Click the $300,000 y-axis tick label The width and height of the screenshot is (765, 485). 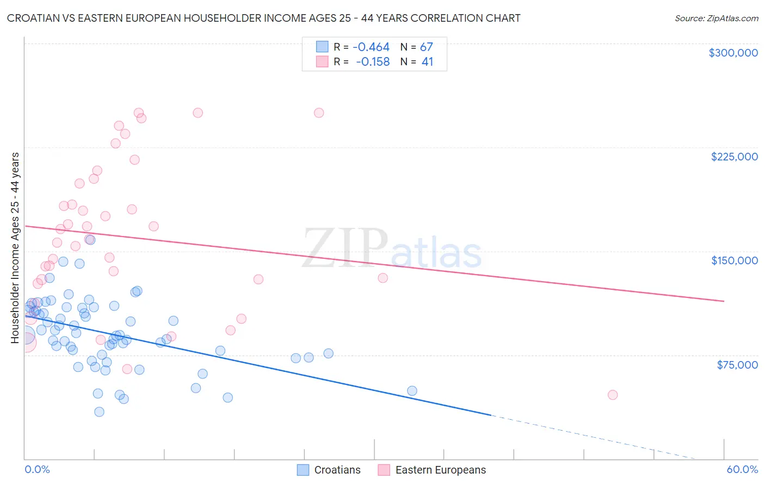tap(733, 53)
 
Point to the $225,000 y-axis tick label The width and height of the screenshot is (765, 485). tap(734, 157)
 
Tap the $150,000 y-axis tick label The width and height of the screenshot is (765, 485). tap(734, 260)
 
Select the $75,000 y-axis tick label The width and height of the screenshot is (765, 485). tap(737, 365)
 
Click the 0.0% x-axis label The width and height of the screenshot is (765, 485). tap(37, 469)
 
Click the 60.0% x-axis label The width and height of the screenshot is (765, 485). tap(742, 469)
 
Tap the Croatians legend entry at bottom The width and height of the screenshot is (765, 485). tap(329, 470)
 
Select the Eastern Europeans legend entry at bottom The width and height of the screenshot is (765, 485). tap(433, 470)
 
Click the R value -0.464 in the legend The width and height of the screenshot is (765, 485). tap(371, 47)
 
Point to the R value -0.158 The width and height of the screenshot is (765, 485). tap(373, 62)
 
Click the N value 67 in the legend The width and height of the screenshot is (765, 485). tap(426, 47)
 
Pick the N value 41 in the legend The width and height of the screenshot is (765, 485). tap(427, 62)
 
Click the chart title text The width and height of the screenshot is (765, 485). tap(263, 18)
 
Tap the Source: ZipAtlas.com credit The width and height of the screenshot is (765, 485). tap(716, 18)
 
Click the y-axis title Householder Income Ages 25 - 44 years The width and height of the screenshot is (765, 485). tap(15, 248)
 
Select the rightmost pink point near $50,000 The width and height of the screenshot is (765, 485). tap(613, 395)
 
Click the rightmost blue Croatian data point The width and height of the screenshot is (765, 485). tap(412, 391)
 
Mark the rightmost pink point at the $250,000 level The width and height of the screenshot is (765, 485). tap(319, 113)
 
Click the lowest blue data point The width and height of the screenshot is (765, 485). tap(99, 412)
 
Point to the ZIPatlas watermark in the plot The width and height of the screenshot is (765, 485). tap(392, 249)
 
